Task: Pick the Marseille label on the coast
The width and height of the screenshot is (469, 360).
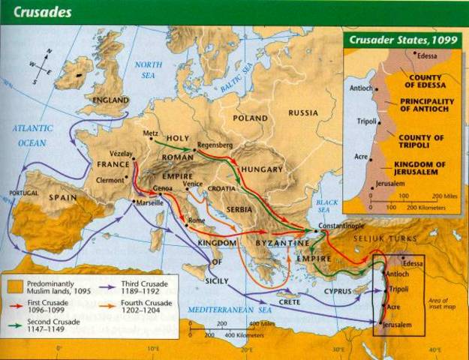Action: pos(150,203)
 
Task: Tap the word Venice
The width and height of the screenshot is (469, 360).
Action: pos(193,184)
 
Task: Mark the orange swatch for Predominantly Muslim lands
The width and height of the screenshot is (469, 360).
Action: pos(14,285)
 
